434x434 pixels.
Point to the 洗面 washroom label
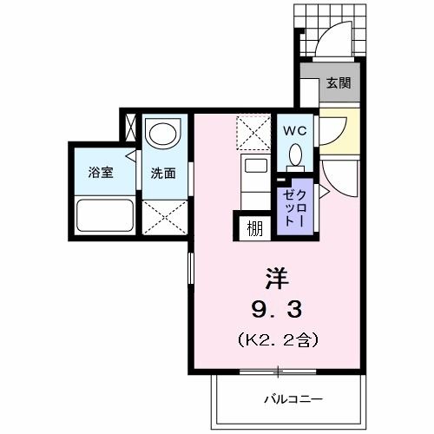coord(162,172)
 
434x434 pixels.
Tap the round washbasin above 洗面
coord(162,133)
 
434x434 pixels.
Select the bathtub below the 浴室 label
coord(104,214)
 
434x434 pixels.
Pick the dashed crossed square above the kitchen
coord(255,135)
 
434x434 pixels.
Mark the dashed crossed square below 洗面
coord(163,218)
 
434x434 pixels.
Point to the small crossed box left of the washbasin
coord(131,128)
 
